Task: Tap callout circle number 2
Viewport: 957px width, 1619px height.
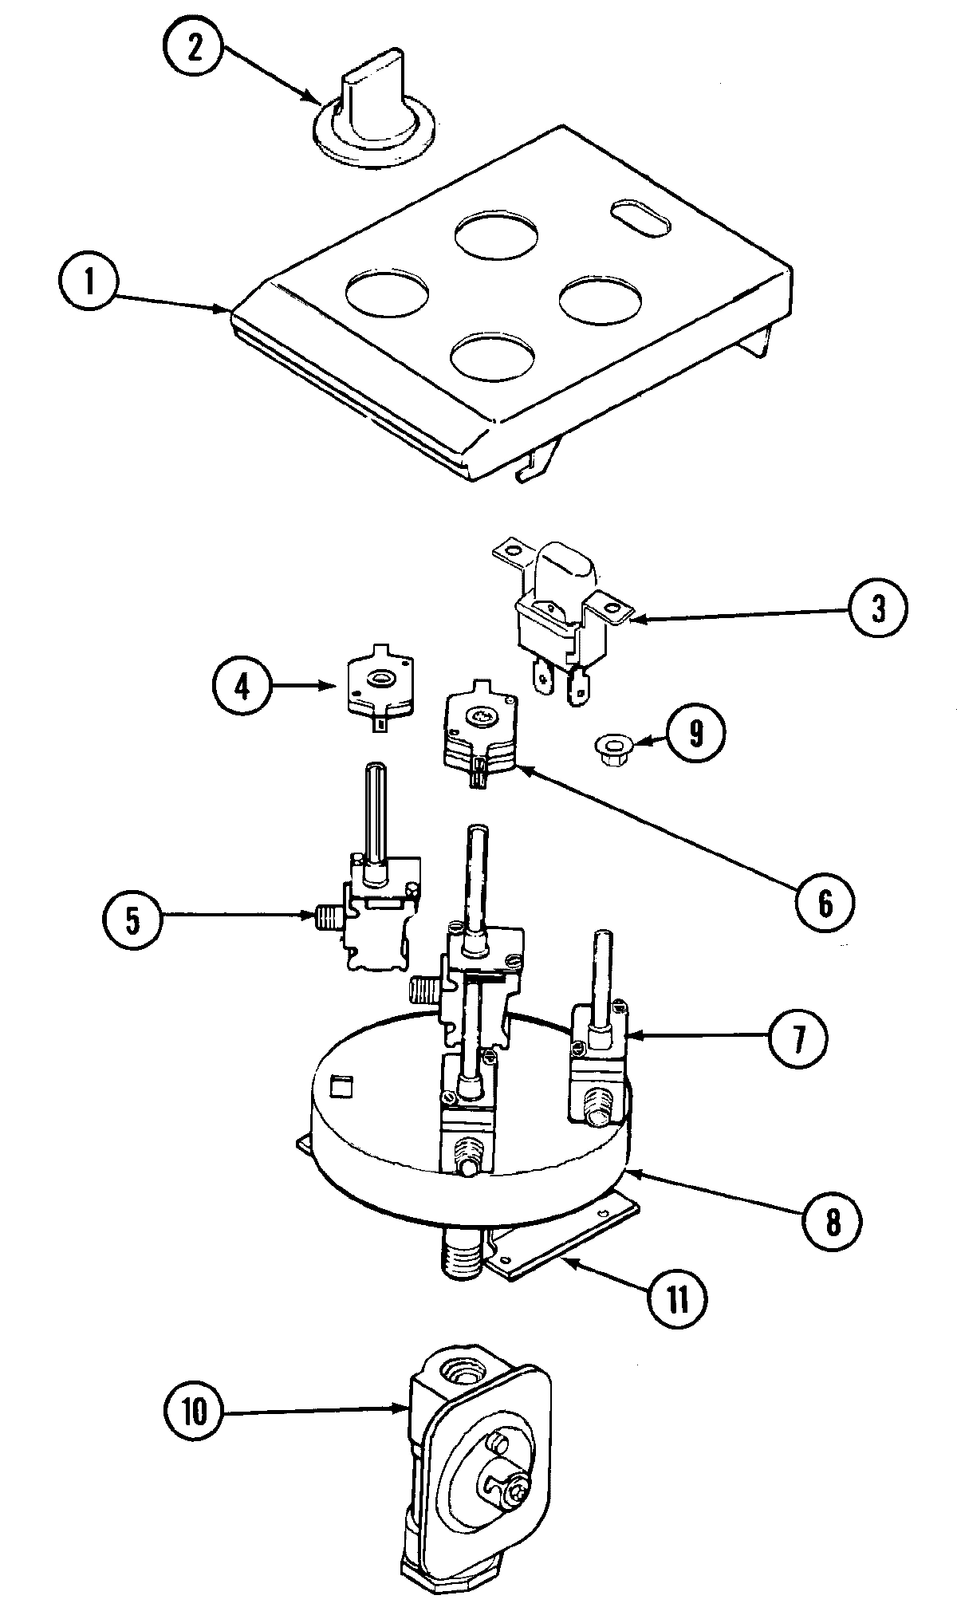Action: coord(194,48)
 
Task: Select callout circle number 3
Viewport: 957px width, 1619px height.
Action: coord(878,610)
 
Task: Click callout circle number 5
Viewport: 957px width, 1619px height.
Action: coord(132,920)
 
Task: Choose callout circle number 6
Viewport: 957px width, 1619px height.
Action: coord(825,903)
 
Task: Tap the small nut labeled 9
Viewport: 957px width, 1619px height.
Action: coord(612,748)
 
